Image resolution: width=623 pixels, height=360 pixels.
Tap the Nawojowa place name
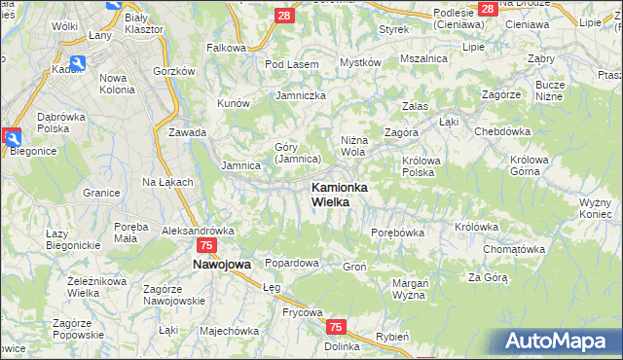(x=222, y=264)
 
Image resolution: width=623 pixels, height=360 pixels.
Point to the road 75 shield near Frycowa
(x=336, y=328)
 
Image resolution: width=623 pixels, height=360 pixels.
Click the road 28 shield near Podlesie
(x=488, y=8)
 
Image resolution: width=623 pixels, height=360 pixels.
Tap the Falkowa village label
(x=226, y=47)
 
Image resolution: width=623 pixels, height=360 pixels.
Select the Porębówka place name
(x=398, y=233)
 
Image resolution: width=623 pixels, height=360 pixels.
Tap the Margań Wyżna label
(x=410, y=289)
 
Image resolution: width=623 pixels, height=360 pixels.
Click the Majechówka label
(x=229, y=330)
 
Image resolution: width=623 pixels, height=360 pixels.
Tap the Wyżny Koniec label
(x=594, y=207)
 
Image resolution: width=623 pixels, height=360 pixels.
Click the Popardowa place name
(x=292, y=263)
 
